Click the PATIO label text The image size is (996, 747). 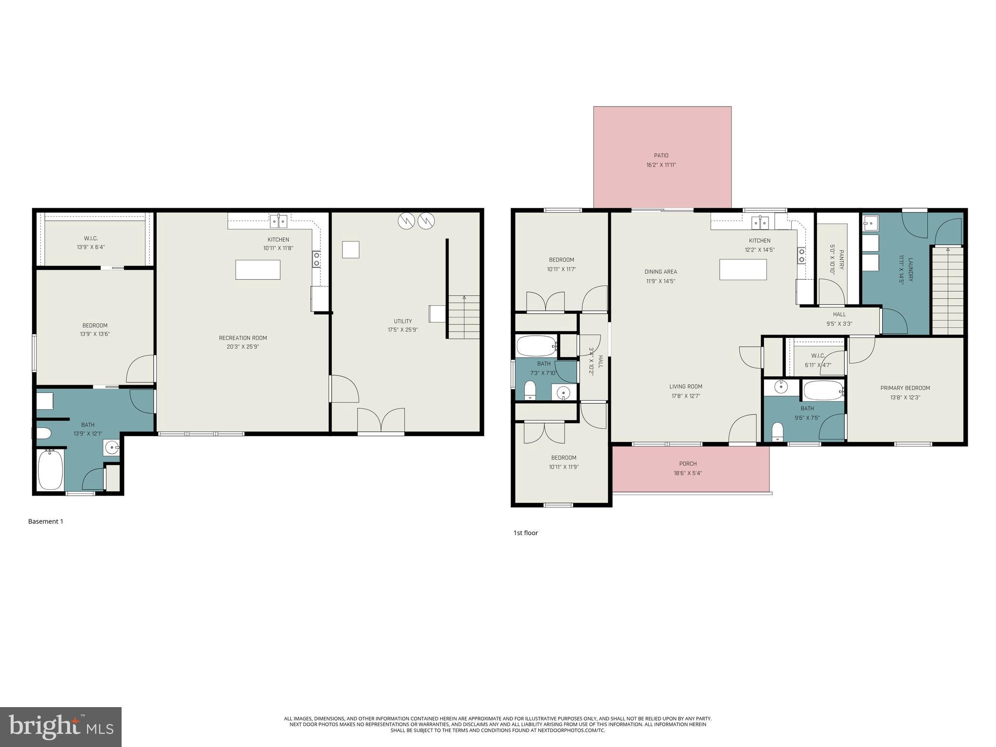[x=661, y=156]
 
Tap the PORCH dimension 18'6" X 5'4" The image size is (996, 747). [x=688, y=473]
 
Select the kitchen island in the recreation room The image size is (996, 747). [x=258, y=269]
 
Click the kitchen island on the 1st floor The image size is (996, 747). [x=743, y=269]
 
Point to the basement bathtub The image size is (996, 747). [x=51, y=469]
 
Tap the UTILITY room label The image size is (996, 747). [x=403, y=321]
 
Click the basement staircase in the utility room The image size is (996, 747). [x=463, y=317]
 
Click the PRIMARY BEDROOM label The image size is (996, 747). [x=905, y=388]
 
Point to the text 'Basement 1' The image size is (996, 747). [x=46, y=521]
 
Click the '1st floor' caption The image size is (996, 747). [x=526, y=533]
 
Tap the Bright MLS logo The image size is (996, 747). [x=60, y=727]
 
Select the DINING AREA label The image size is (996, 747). [x=660, y=272]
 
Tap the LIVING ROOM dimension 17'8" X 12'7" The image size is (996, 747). [x=686, y=396]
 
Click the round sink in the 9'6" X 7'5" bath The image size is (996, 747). [x=781, y=388]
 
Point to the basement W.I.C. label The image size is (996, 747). [x=91, y=238]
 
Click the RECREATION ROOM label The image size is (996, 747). [x=243, y=338]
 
